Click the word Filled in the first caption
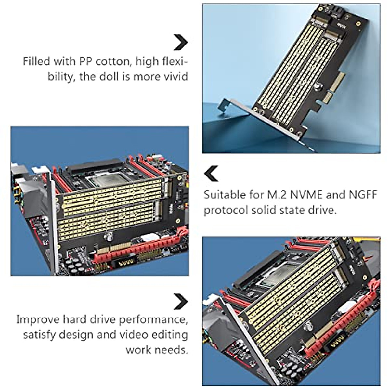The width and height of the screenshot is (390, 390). tap(36, 61)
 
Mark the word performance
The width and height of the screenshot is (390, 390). tap(153, 319)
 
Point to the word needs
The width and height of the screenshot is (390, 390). tap(173, 350)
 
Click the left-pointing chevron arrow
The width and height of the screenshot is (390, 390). tap(212, 174)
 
